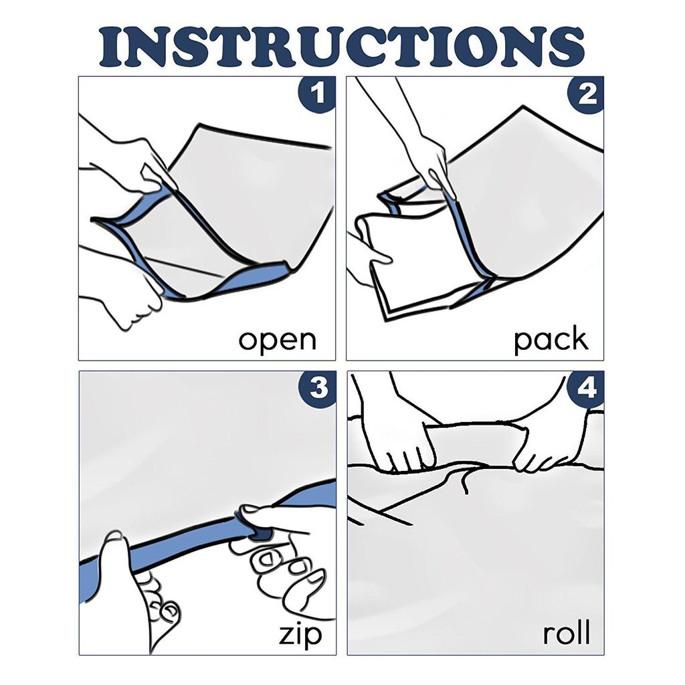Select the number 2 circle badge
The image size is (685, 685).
tap(586, 93)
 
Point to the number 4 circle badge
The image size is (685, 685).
tap(586, 389)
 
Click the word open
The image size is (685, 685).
tap(277, 340)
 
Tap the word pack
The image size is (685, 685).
tap(551, 339)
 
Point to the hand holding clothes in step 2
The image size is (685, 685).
tap(365, 258)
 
